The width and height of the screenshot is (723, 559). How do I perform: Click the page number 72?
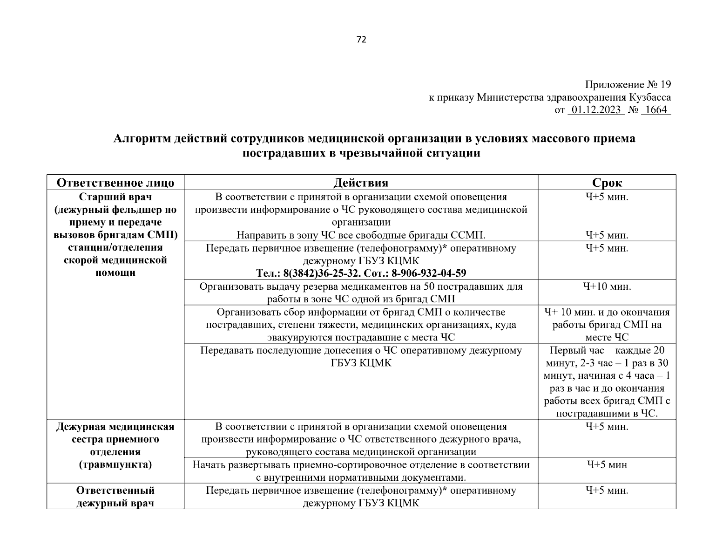coord(361,40)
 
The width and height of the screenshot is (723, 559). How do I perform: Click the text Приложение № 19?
coord(628,85)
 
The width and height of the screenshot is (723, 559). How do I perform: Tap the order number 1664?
coord(655,110)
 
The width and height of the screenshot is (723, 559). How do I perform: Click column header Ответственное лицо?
coord(115,183)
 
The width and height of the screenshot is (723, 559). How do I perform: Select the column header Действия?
coord(361,183)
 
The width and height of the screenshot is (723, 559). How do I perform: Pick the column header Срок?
coord(607,183)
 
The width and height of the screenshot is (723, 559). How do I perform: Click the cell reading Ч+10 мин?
coord(607,286)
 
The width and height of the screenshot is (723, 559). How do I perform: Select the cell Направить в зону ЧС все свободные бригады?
coord(361,235)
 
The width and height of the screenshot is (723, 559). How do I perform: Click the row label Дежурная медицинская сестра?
coord(115,433)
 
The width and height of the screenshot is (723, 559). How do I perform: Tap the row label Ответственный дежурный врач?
coord(115,497)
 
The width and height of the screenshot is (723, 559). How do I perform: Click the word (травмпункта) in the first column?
coord(115,464)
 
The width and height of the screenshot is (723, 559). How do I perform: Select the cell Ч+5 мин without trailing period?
coord(607,464)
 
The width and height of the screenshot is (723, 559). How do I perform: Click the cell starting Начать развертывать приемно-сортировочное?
coord(361,470)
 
